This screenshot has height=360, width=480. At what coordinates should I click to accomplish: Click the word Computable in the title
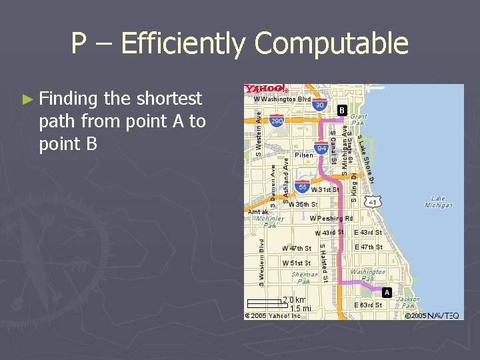coord(331,44)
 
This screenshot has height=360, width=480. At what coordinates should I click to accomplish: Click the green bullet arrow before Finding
coord(27,99)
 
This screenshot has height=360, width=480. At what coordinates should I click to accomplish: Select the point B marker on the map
coord(341,109)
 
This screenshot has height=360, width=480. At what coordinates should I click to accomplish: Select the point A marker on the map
coord(387,292)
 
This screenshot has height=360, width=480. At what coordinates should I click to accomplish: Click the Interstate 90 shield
coord(320,105)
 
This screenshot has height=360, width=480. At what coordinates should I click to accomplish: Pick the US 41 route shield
coord(374,201)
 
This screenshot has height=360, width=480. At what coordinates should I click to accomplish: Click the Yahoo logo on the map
coord(265,89)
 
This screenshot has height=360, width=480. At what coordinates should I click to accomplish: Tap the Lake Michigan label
coord(438,201)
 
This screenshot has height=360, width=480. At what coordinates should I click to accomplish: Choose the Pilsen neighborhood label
coord(303,155)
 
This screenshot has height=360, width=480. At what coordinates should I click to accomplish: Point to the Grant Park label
coord(359,119)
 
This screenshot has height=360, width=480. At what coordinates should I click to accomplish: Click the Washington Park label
coord(368,275)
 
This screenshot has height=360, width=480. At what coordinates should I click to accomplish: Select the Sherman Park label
coord(304,277)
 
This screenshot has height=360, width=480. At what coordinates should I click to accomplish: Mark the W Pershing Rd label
coord(331,218)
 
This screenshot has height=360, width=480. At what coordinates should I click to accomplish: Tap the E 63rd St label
coord(368,305)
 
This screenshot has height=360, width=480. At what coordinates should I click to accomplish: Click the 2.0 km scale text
coord(294,300)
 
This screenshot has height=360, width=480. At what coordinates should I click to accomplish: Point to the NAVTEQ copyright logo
coord(443,315)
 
